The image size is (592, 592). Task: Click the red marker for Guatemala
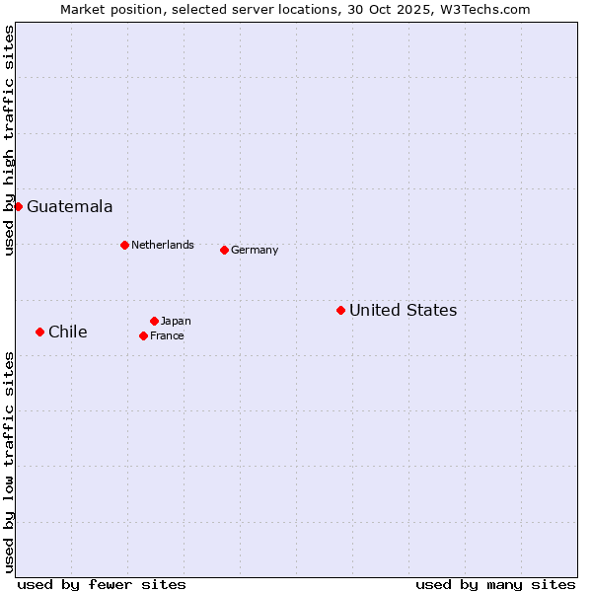tap(18, 206)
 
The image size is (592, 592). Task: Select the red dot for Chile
tap(39, 332)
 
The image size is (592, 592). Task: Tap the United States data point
tap(340, 310)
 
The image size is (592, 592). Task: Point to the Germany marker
tap(224, 250)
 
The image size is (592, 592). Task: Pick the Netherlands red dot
tap(124, 245)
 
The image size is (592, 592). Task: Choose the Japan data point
tap(154, 321)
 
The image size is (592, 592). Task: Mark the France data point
tap(143, 335)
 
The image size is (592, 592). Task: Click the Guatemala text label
tap(69, 206)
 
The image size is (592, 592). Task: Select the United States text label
tap(403, 310)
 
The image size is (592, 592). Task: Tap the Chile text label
tap(67, 332)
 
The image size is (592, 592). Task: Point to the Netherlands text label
tap(162, 245)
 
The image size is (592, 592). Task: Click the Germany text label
tap(255, 250)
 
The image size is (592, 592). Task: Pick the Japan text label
tap(176, 321)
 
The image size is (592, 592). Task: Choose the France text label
tap(167, 335)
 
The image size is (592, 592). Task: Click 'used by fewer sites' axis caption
tap(102, 584)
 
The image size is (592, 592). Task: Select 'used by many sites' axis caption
tap(495, 584)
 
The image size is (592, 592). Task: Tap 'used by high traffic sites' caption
tap(9, 141)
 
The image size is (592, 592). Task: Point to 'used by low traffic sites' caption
tap(9, 461)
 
